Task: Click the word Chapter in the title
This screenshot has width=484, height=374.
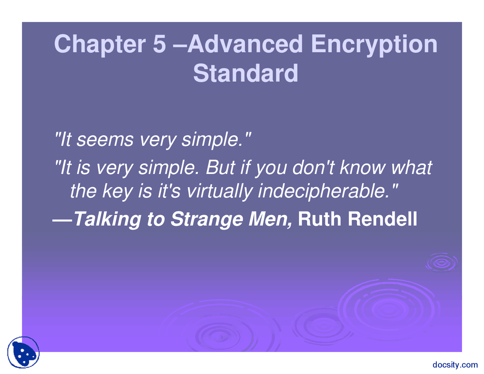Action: pyautogui.click(x=100, y=45)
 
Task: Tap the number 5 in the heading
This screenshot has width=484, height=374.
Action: pyautogui.click(x=160, y=44)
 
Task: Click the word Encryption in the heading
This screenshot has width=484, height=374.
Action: pyautogui.click(x=374, y=45)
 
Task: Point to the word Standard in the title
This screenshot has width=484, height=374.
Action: pyautogui.click(x=246, y=73)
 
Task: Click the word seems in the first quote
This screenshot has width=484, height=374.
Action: pyautogui.click(x=105, y=140)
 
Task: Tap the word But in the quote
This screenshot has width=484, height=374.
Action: pyautogui.click(x=220, y=168)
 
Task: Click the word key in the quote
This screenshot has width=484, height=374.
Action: pyautogui.click(x=117, y=192)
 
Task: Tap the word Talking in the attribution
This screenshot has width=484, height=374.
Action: pyautogui.click(x=107, y=220)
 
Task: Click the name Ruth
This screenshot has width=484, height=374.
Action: pyautogui.click(x=320, y=219)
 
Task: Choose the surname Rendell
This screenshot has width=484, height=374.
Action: pyautogui.click(x=382, y=219)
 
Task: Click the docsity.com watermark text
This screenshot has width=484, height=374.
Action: pyautogui.click(x=455, y=365)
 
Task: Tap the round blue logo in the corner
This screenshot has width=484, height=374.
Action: pyautogui.click(x=23, y=352)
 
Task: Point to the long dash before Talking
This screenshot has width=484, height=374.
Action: pyautogui.click(x=62, y=222)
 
